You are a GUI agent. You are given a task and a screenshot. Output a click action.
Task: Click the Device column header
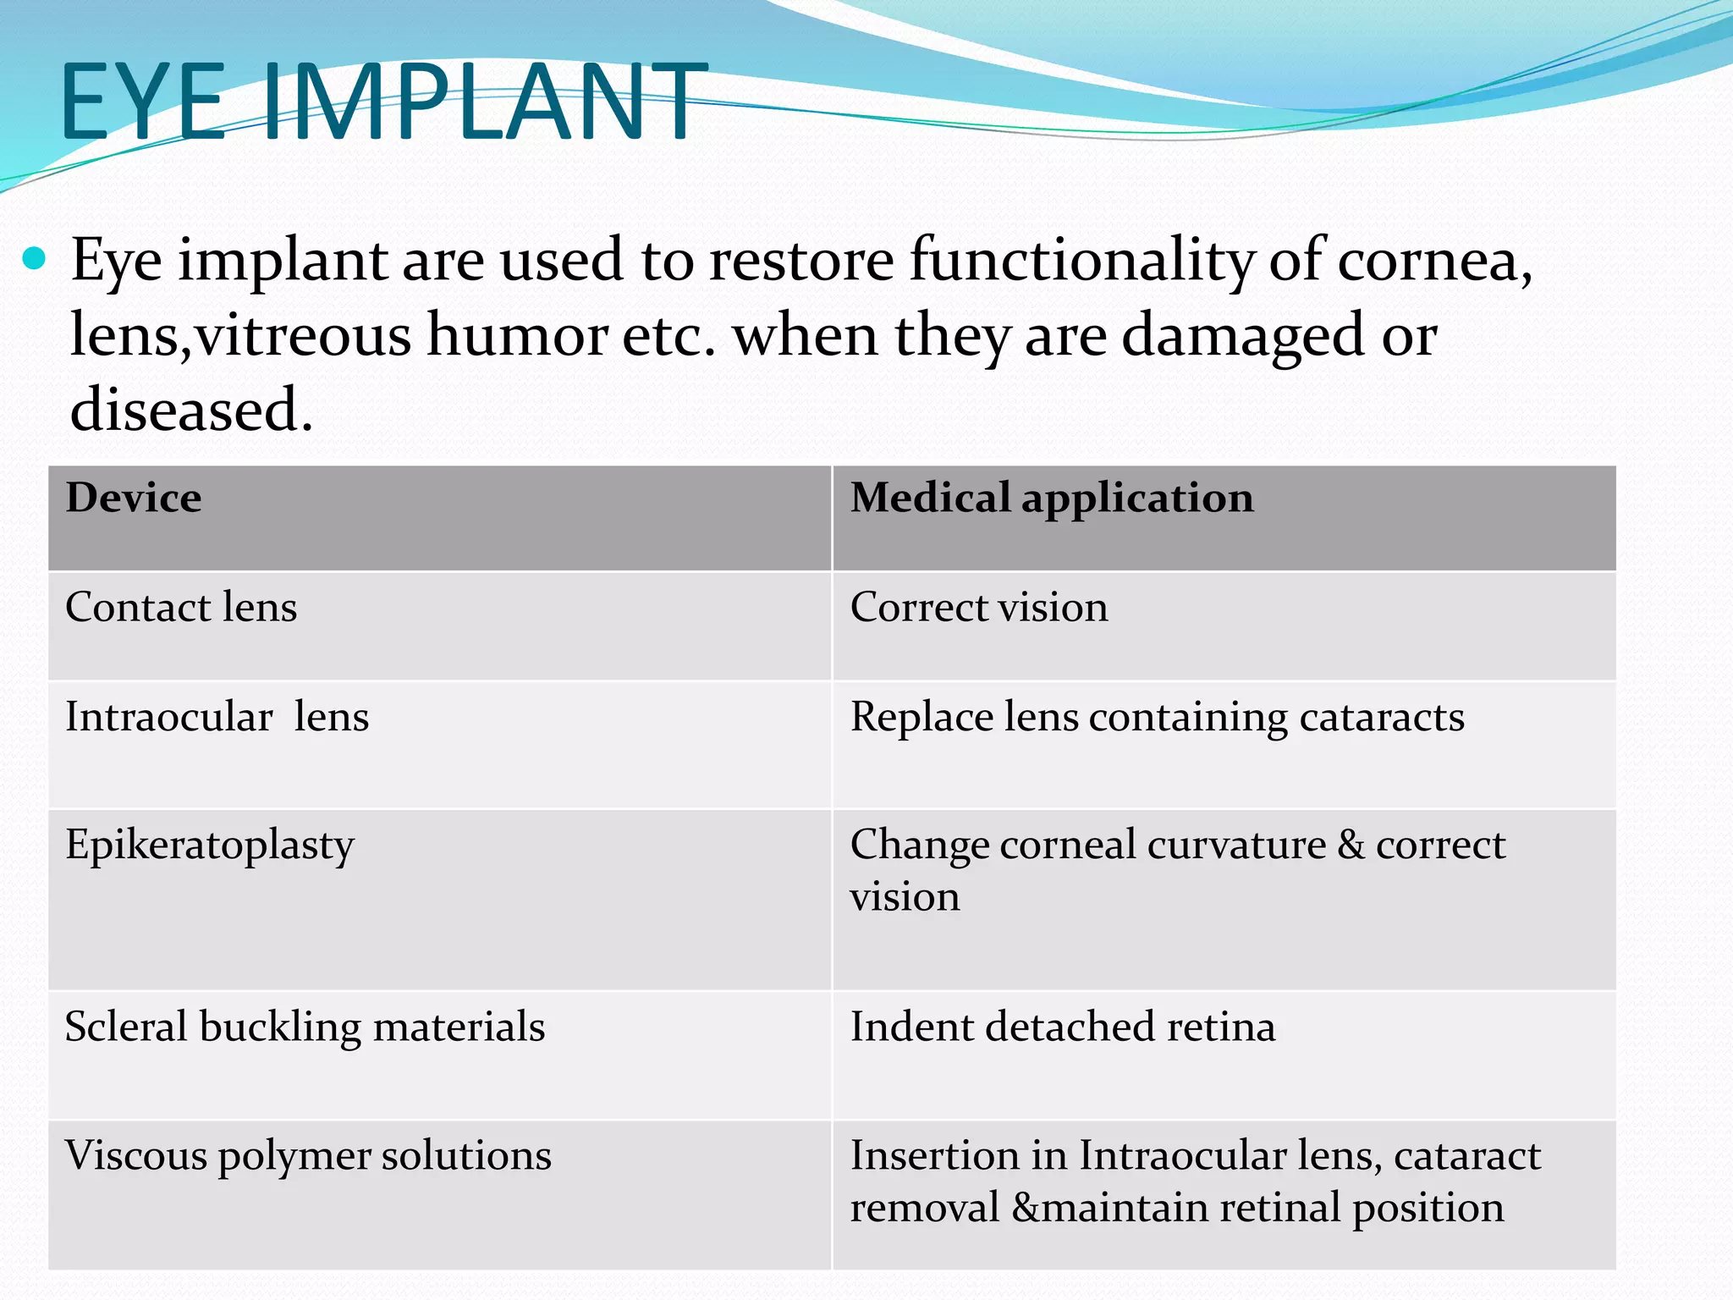[x=134, y=498]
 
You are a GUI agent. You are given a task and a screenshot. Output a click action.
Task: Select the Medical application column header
[x=1052, y=498]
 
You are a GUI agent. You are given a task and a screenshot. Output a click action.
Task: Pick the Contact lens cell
[x=181, y=608]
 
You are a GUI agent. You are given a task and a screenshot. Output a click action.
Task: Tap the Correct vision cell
[x=979, y=608]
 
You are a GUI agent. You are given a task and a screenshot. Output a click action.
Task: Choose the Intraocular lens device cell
[x=217, y=717]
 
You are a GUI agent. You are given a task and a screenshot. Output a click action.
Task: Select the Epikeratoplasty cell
[x=210, y=846]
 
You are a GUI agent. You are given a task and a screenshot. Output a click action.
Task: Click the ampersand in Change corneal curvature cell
[x=1351, y=845]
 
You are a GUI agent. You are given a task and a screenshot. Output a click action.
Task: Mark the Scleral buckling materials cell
[x=305, y=1027]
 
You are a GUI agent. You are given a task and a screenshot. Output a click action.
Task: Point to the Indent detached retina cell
[x=1062, y=1027]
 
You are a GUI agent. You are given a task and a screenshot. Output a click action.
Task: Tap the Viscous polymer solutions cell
[x=308, y=1156]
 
